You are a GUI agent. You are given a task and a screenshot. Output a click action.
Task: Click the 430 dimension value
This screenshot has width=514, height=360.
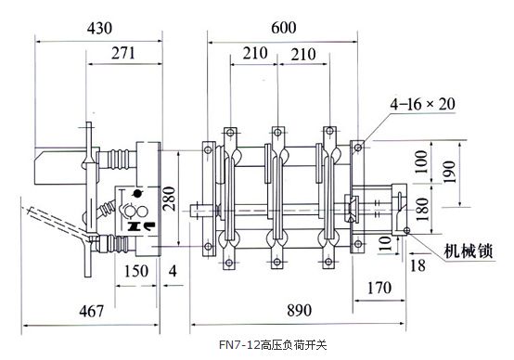[99, 28]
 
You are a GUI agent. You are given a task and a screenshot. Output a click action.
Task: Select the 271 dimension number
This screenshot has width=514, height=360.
[123, 53]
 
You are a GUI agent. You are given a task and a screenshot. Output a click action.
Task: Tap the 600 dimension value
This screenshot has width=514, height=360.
[284, 28]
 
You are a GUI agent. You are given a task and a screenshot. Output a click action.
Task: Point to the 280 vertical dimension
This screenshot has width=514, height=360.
[170, 199]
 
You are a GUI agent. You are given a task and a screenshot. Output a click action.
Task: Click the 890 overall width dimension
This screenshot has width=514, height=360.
[300, 310]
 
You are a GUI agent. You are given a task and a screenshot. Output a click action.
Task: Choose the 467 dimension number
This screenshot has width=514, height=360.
[92, 311]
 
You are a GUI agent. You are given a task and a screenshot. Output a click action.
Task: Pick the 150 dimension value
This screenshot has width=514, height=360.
[136, 271]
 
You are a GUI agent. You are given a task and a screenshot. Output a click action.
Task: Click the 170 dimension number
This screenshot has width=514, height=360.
[379, 288]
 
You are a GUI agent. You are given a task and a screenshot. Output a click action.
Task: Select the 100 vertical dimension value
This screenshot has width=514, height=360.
[421, 162]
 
